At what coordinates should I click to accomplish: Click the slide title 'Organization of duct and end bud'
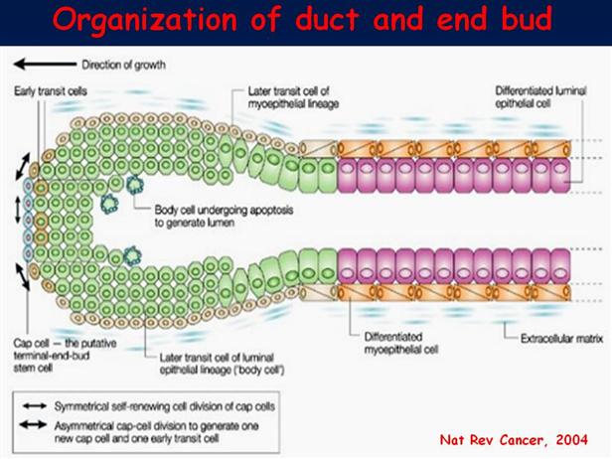[305, 20]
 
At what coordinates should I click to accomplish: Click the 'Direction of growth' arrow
[38, 66]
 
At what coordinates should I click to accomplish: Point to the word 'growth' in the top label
[147, 66]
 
